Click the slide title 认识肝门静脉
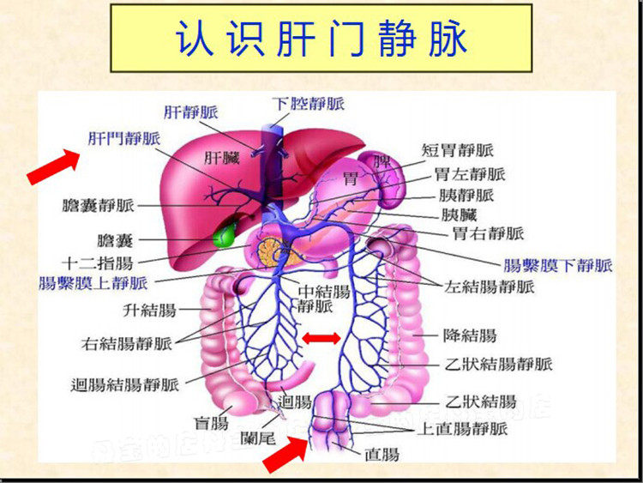pos(321,39)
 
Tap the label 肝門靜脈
pos(124,138)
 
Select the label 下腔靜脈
pos(309,103)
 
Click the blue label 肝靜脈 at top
pos(190,112)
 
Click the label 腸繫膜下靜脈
pos(557,265)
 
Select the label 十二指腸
pos(97,261)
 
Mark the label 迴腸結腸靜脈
pos(125,384)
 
